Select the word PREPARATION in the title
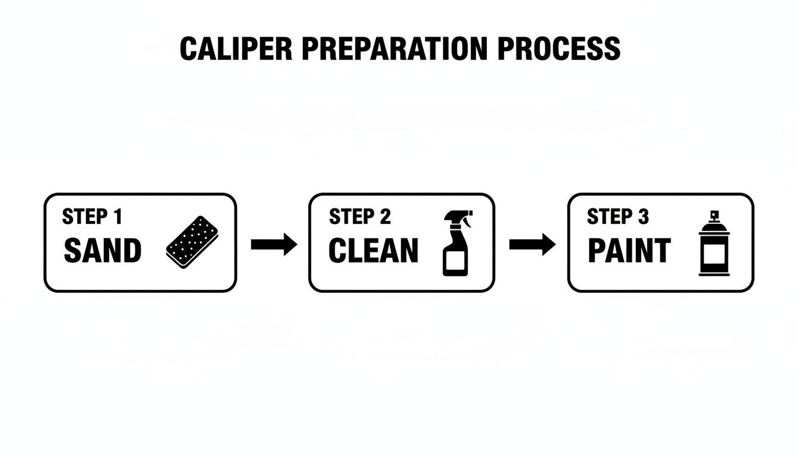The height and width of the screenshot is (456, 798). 392,49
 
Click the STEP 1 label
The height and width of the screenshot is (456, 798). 92,217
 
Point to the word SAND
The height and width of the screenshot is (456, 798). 102,251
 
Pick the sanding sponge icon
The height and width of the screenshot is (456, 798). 192,242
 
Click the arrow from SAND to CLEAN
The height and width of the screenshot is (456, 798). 274,244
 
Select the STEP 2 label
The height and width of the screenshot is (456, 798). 360,217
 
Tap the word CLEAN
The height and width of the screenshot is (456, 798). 373,251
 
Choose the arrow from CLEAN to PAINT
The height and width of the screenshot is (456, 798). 532,244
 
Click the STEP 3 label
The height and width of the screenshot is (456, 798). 617,217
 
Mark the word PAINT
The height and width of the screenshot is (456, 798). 629,251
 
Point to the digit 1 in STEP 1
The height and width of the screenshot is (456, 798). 118,217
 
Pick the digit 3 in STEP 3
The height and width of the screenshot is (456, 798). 643,217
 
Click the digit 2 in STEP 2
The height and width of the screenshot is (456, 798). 385,217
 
